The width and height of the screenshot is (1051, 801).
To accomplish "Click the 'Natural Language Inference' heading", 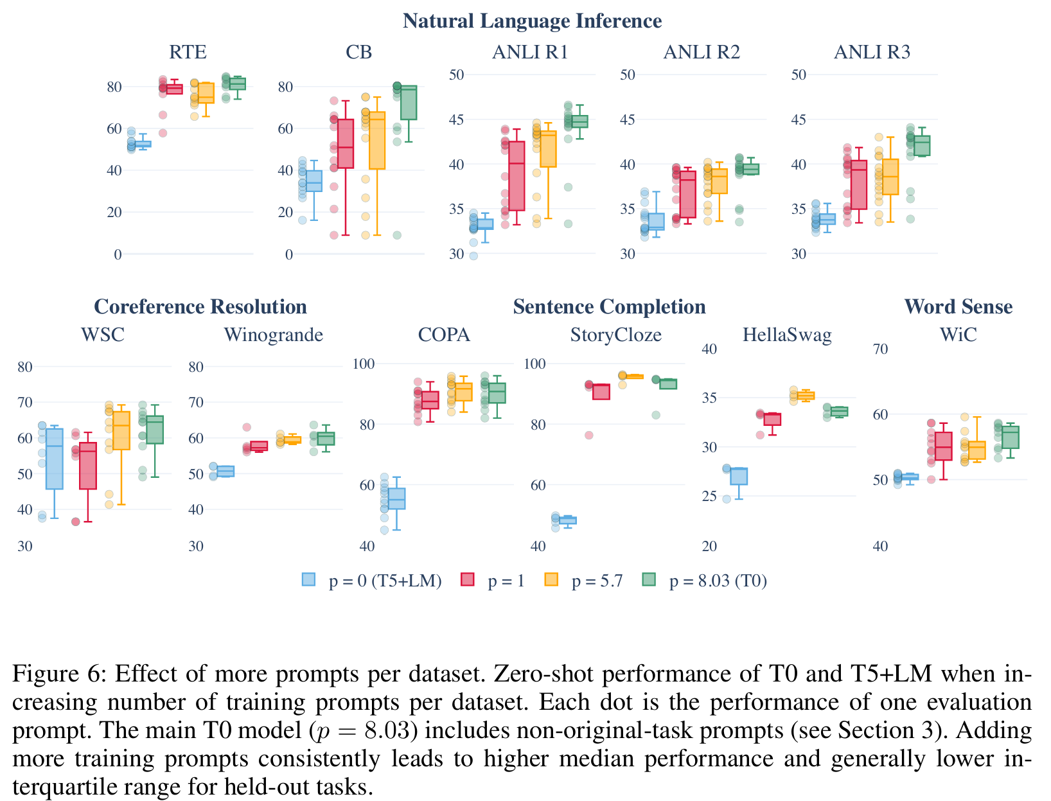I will point(532,21).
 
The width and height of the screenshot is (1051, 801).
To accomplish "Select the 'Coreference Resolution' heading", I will point(200,307).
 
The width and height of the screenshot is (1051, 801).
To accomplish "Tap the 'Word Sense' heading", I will point(958,307).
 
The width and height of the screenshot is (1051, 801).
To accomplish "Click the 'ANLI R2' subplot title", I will point(702,52).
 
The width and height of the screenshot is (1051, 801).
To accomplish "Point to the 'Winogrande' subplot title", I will point(273,335).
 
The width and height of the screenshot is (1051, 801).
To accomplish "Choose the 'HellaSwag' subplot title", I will point(786,335).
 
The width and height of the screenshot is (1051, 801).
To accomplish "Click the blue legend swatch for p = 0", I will point(308,580).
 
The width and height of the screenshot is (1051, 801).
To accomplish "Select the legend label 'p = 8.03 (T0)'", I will point(718,581).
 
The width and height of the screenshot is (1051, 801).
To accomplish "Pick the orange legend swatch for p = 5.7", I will point(551,580).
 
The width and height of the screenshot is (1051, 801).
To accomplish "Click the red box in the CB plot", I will point(345,144).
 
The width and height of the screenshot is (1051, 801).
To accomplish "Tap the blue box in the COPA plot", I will point(396,498).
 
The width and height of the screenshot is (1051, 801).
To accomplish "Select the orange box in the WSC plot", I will point(121,430).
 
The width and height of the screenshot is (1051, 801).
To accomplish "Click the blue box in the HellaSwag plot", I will point(739,476).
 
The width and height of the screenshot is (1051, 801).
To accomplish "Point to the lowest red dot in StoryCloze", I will point(588,435).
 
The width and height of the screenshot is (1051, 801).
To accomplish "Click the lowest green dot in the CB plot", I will point(397,235).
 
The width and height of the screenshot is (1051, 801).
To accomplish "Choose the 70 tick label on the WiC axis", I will point(880,349).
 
